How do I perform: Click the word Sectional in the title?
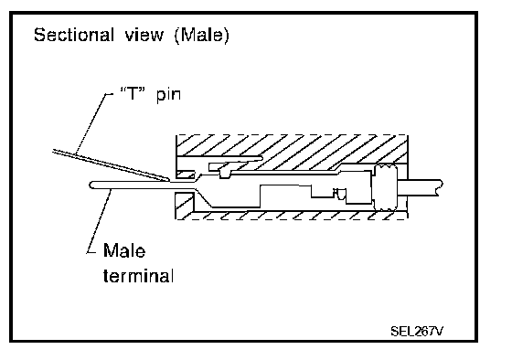(74, 35)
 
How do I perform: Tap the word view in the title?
(144, 35)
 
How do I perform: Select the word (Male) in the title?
(202, 36)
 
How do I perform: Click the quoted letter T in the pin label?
(133, 94)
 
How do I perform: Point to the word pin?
(168, 95)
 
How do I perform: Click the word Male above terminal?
(124, 250)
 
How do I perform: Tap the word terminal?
(138, 276)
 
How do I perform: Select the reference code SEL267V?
(417, 332)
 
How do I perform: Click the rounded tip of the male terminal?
(91, 185)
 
